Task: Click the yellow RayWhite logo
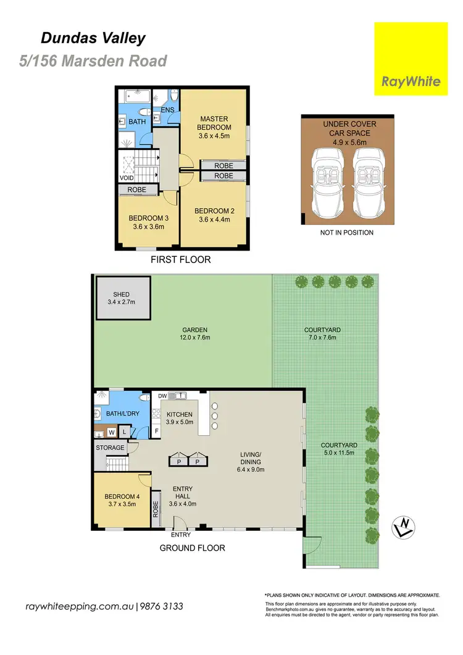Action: click(x=411, y=59)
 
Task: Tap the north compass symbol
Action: click(x=404, y=527)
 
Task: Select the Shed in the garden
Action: click(x=123, y=298)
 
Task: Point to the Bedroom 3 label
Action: click(x=148, y=218)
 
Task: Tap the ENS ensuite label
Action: click(x=167, y=110)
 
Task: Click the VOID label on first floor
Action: click(x=127, y=178)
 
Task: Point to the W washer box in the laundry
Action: click(x=112, y=432)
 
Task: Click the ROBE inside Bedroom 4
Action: click(x=156, y=509)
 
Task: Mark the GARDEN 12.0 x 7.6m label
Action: click(x=194, y=334)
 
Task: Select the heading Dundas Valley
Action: click(x=93, y=38)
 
